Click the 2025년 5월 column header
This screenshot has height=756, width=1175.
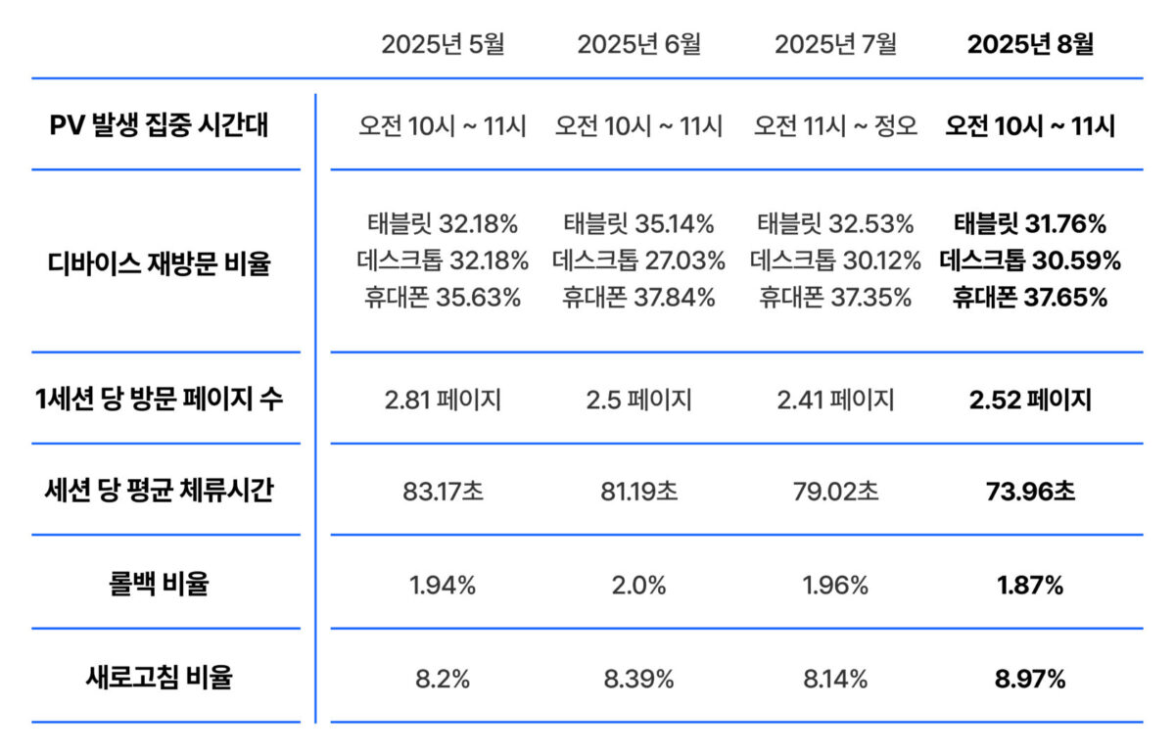(443, 45)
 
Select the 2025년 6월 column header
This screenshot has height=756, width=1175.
(638, 45)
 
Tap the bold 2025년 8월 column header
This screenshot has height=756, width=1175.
(1030, 45)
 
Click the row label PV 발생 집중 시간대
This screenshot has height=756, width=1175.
(159, 125)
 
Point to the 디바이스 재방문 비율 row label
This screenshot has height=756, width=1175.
(159, 261)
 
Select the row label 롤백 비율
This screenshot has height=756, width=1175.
(159, 585)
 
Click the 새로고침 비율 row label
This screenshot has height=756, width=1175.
(159, 678)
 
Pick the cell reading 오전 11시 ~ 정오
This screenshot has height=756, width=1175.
(834, 126)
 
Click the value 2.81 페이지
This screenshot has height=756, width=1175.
(443, 400)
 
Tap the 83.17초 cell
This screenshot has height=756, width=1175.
(443, 491)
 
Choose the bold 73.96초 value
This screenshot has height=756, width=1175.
(1030, 491)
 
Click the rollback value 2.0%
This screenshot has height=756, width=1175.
(638, 586)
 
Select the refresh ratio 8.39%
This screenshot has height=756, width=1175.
(638, 679)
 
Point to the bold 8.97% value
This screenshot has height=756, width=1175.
(1030, 679)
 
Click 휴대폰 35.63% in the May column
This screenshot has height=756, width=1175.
(443, 298)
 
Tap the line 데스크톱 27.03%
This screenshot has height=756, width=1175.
(638, 261)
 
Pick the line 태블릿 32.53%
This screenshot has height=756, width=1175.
(834, 225)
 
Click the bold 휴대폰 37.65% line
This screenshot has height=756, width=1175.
(1030, 298)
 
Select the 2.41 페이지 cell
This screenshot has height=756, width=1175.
(834, 400)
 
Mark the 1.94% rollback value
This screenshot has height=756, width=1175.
(443, 586)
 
